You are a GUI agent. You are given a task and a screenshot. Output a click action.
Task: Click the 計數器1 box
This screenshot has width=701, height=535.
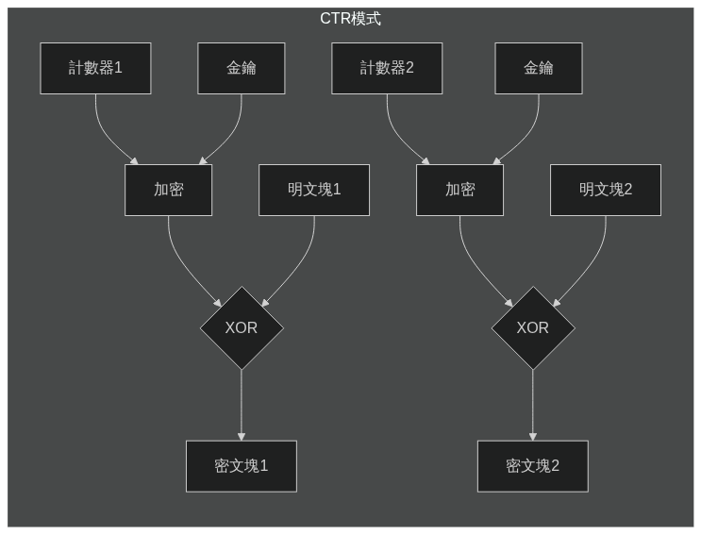(x=95, y=68)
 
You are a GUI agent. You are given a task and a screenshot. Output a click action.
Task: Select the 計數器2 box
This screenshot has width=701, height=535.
(x=387, y=68)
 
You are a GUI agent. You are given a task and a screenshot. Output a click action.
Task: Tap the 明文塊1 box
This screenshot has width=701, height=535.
(x=314, y=190)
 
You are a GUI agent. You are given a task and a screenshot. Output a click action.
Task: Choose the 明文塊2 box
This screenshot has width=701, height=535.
(x=606, y=190)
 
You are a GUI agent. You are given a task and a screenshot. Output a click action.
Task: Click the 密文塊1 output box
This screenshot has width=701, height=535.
(x=242, y=466)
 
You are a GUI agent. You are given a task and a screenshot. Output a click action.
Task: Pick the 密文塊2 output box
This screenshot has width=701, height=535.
(x=533, y=466)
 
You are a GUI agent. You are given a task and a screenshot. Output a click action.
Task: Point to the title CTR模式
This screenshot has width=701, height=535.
(x=350, y=19)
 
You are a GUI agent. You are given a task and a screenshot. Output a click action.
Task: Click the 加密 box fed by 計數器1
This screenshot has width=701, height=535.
(x=168, y=190)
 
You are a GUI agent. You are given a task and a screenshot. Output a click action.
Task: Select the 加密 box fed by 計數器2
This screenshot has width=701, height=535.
(x=459, y=190)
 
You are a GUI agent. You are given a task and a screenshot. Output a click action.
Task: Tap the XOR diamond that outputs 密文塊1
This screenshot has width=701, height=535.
(x=242, y=327)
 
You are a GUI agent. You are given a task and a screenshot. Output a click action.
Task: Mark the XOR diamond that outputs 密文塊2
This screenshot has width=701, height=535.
(x=533, y=327)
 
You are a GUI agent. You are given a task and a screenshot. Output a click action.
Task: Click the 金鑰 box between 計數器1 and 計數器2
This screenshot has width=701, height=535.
(x=242, y=68)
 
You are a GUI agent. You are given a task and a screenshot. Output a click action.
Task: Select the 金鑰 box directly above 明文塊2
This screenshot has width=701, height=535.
(x=539, y=68)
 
